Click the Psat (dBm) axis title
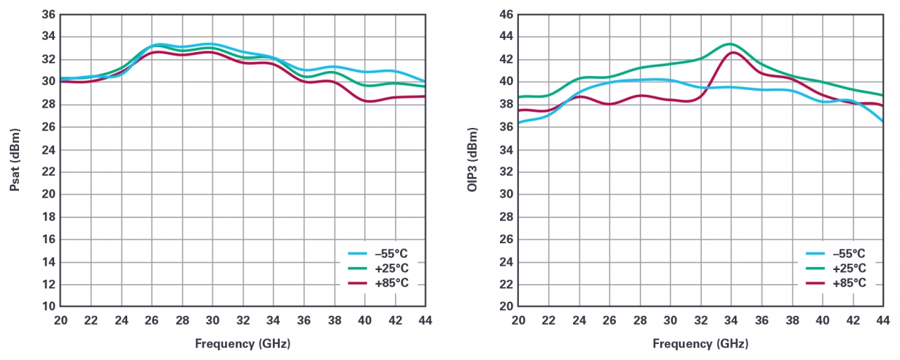click(x=15, y=160)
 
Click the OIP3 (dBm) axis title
click(x=472, y=160)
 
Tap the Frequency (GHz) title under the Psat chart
click(x=243, y=344)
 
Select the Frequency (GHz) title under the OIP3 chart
click(x=700, y=344)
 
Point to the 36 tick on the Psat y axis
click(x=49, y=14)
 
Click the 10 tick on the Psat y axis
click(x=49, y=307)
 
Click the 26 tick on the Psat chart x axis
click(x=152, y=320)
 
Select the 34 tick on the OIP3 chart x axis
click(x=731, y=320)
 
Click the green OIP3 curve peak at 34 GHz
click(x=731, y=44)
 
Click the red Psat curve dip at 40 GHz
click(x=367, y=101)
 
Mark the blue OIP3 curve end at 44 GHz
click(x=882, y=121)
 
